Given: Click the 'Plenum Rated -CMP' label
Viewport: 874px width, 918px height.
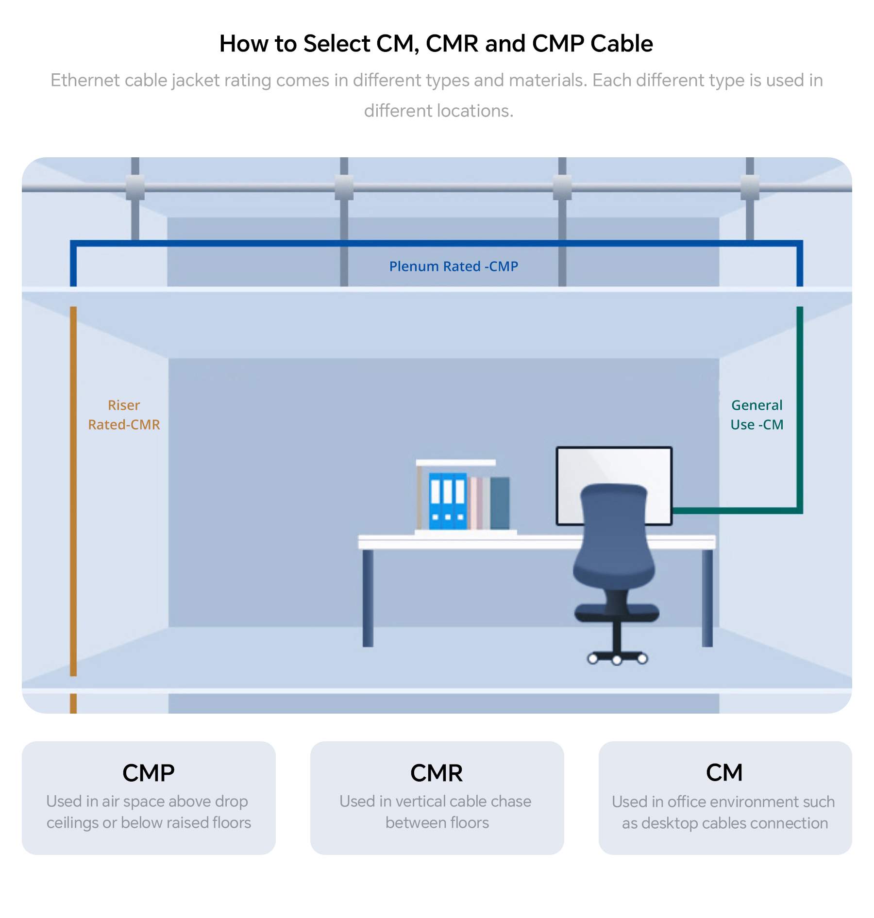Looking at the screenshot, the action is (454, 267).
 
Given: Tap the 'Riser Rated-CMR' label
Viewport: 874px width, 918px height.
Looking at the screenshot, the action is (124, 415).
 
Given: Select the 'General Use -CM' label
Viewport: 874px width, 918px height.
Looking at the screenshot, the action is (757, 415).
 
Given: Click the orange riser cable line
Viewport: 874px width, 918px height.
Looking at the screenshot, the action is (73, 490).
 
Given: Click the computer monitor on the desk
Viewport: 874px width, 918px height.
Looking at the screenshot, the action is (614, 485).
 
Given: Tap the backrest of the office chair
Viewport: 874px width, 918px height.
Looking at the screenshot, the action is (614, 534).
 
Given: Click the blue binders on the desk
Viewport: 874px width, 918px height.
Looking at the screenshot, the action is (448, 501).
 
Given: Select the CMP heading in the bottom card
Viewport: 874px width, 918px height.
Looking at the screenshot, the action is (149, 773).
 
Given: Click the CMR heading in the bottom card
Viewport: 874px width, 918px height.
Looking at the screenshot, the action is (437, 773).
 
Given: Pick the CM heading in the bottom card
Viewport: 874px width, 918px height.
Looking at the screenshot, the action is (724, 773).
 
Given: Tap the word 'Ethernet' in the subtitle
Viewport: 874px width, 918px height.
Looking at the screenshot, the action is (85, 81).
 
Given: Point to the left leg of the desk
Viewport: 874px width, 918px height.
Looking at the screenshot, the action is (368, 598).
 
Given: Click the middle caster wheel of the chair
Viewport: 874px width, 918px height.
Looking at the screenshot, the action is (617, 660).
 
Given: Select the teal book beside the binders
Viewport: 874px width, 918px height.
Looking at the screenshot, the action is (500, 503).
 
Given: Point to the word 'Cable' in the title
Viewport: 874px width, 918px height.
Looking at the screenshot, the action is (622, 44).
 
